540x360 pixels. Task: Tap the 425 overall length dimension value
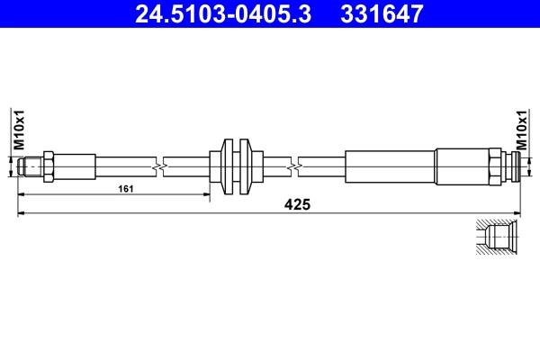click(x=297, y=205)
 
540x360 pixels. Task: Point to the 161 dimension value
click(x=127, y=189)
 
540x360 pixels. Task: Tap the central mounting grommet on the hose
click(x=233, y=166)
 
